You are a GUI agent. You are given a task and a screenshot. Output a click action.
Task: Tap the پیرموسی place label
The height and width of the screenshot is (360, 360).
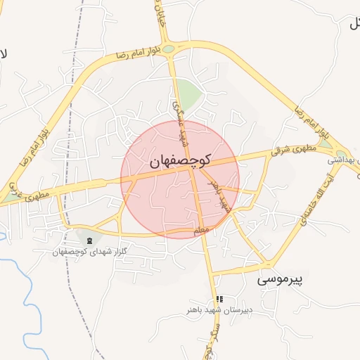point(278,279)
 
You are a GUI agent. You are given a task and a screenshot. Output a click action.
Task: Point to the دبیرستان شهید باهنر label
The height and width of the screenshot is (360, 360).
point(219,309)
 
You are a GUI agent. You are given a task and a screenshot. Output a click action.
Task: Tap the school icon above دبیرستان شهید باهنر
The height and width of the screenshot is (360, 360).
point(219,300)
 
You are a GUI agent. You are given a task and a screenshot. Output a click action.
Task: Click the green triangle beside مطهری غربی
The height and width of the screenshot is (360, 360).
point(10,198)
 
